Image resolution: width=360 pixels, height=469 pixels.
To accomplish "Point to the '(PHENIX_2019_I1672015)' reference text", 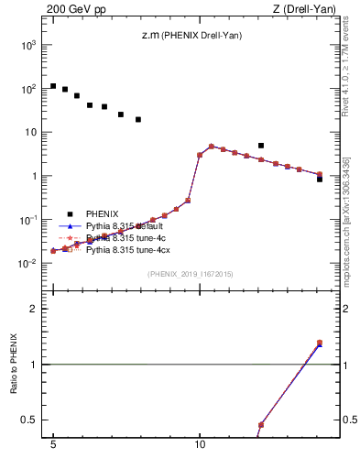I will point(190,274).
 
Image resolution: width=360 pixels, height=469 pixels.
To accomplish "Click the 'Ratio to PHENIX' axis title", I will point(16,364).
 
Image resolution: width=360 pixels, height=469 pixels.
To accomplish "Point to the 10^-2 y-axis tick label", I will point(27,264).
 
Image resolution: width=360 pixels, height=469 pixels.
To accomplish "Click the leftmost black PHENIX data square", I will point(53,86).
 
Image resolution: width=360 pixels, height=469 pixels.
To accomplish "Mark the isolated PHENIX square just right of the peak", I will point(261,145).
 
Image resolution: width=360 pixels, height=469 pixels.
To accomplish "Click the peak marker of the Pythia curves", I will point(212,147).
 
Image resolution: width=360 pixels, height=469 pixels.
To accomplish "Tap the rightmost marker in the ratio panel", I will point(319,344).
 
